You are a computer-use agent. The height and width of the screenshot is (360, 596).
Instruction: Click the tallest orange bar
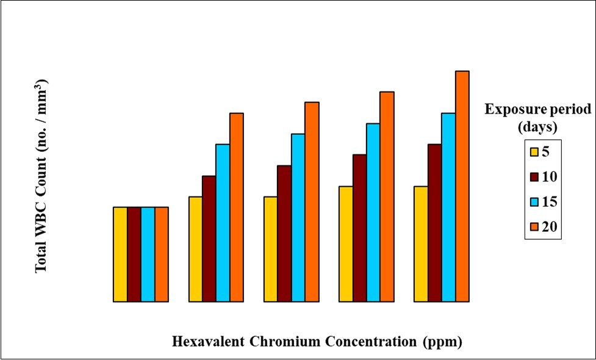tap(462, 186)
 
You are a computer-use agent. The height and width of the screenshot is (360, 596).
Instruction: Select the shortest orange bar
tap(162, 254)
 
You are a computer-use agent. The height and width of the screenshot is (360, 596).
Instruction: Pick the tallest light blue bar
tap(448, 207)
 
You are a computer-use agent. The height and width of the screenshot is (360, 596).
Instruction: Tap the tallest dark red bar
tap(434, 223)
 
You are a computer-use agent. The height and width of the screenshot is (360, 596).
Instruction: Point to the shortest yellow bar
tap(120, 254)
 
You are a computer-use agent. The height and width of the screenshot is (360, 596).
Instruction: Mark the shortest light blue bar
tap(148, 254)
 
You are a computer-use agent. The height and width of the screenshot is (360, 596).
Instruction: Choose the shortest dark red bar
tap(134, 254)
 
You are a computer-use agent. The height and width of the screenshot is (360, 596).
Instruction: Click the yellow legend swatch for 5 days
tap(534, 152)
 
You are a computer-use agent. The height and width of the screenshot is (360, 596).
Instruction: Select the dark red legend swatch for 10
tap(534, 177)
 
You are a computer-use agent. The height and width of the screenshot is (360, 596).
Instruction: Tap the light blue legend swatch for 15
tap(534, 202)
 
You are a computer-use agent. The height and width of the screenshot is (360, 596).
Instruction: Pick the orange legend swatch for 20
tap(534, 227)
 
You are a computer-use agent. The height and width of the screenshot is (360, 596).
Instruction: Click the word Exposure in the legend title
tap(511, 110)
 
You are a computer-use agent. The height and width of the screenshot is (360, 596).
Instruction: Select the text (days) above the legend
tap(538, 128)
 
